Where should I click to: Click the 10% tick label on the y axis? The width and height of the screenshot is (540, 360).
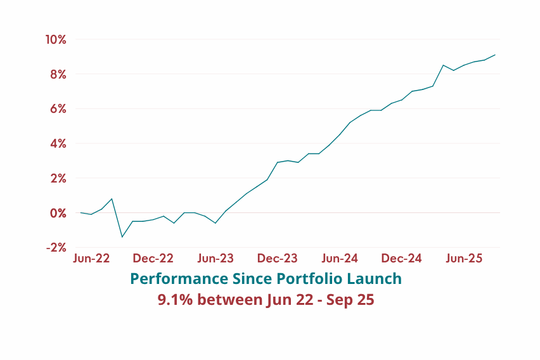(55, 40)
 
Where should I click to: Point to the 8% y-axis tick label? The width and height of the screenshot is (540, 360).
(58, 74)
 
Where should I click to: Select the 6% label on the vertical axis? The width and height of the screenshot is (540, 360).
(58, 109)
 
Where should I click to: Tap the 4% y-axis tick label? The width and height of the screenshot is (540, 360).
(58, 144)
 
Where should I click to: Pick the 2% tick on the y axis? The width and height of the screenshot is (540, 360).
(58, 179)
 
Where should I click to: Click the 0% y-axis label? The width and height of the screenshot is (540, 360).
(58, 213)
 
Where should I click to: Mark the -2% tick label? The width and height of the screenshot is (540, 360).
(56, 248)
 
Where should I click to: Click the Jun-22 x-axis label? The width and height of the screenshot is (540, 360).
(91, 259)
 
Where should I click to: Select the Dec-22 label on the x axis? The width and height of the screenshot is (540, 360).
(153, 259)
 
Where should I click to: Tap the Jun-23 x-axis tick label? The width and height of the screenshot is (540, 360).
(215, 259)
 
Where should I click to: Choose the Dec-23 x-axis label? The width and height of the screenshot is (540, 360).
(277, 259)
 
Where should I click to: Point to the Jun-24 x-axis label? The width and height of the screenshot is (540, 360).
(340, 259)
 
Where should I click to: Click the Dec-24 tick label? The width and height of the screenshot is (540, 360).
(401, 259)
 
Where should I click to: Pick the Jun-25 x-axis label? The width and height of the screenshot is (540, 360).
(464, 259)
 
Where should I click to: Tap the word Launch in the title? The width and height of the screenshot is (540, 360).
(375, 279)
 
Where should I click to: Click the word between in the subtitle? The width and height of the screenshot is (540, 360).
(230, 300)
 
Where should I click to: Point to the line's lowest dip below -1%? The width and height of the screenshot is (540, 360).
(122, 237)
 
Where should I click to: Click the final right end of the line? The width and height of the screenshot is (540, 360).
(495, 55)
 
